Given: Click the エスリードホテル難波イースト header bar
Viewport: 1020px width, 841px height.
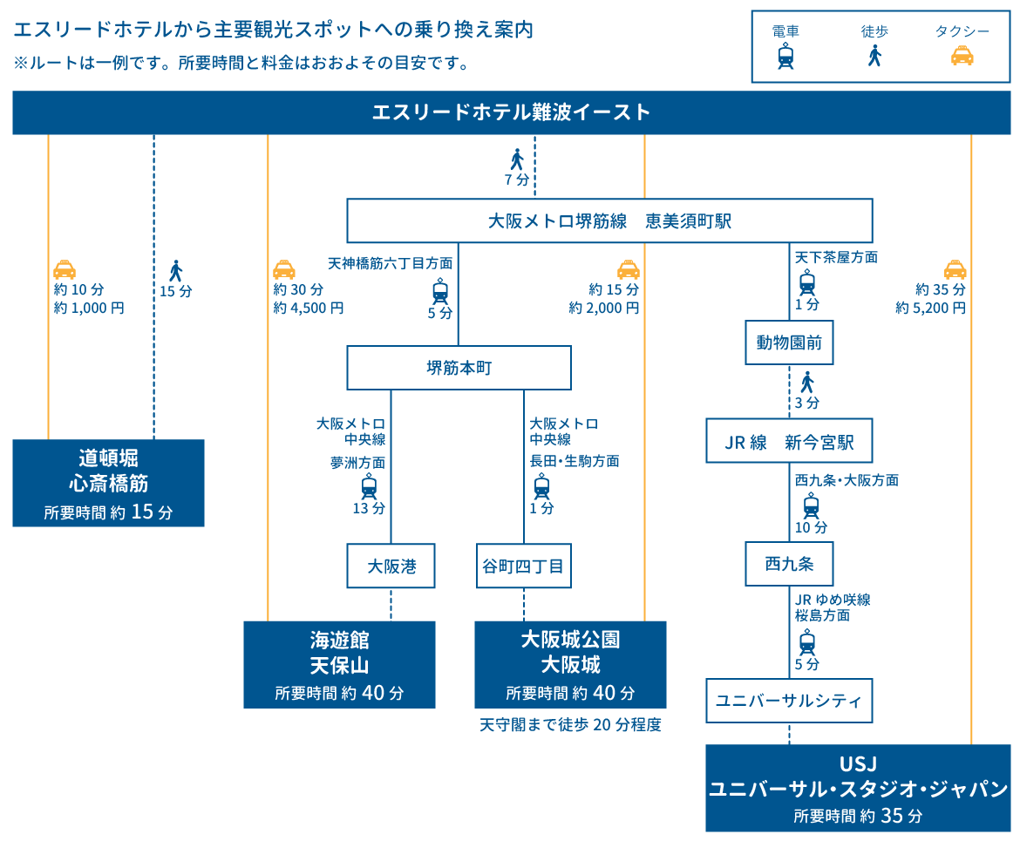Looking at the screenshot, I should point(511,112).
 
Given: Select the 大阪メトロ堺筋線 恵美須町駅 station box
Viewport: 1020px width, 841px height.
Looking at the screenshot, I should point(609,221).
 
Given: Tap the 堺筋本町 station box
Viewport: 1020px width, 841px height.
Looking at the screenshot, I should point(459,368).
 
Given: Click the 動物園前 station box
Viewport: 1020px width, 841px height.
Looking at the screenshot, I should point(789,343).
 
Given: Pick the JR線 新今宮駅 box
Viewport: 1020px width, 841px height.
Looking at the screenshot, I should point(789,443).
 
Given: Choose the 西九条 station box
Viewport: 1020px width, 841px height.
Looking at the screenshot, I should point(789,564).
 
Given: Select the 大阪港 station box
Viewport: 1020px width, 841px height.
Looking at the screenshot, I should point(391,566).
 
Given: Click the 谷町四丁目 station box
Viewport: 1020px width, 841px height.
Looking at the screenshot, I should point(523,566).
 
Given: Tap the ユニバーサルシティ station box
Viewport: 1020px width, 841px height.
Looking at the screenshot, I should point(789,700).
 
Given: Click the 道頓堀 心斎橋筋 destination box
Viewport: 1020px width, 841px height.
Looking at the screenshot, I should point(108,483).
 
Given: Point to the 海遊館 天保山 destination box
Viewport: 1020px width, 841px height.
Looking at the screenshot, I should point(339,665).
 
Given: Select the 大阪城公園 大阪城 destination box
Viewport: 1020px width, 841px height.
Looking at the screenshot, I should point(570,665).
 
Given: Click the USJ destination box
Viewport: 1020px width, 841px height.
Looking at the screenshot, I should point(858,788).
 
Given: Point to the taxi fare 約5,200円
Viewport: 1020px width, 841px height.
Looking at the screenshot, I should point(930,308).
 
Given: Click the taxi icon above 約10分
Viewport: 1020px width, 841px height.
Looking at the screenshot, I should point(65,269).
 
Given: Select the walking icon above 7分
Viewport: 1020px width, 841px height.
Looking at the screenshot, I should point(517,159).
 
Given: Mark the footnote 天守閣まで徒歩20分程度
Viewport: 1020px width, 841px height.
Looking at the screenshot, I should point(570,725).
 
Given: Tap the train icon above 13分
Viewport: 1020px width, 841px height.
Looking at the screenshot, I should point(369,486).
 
